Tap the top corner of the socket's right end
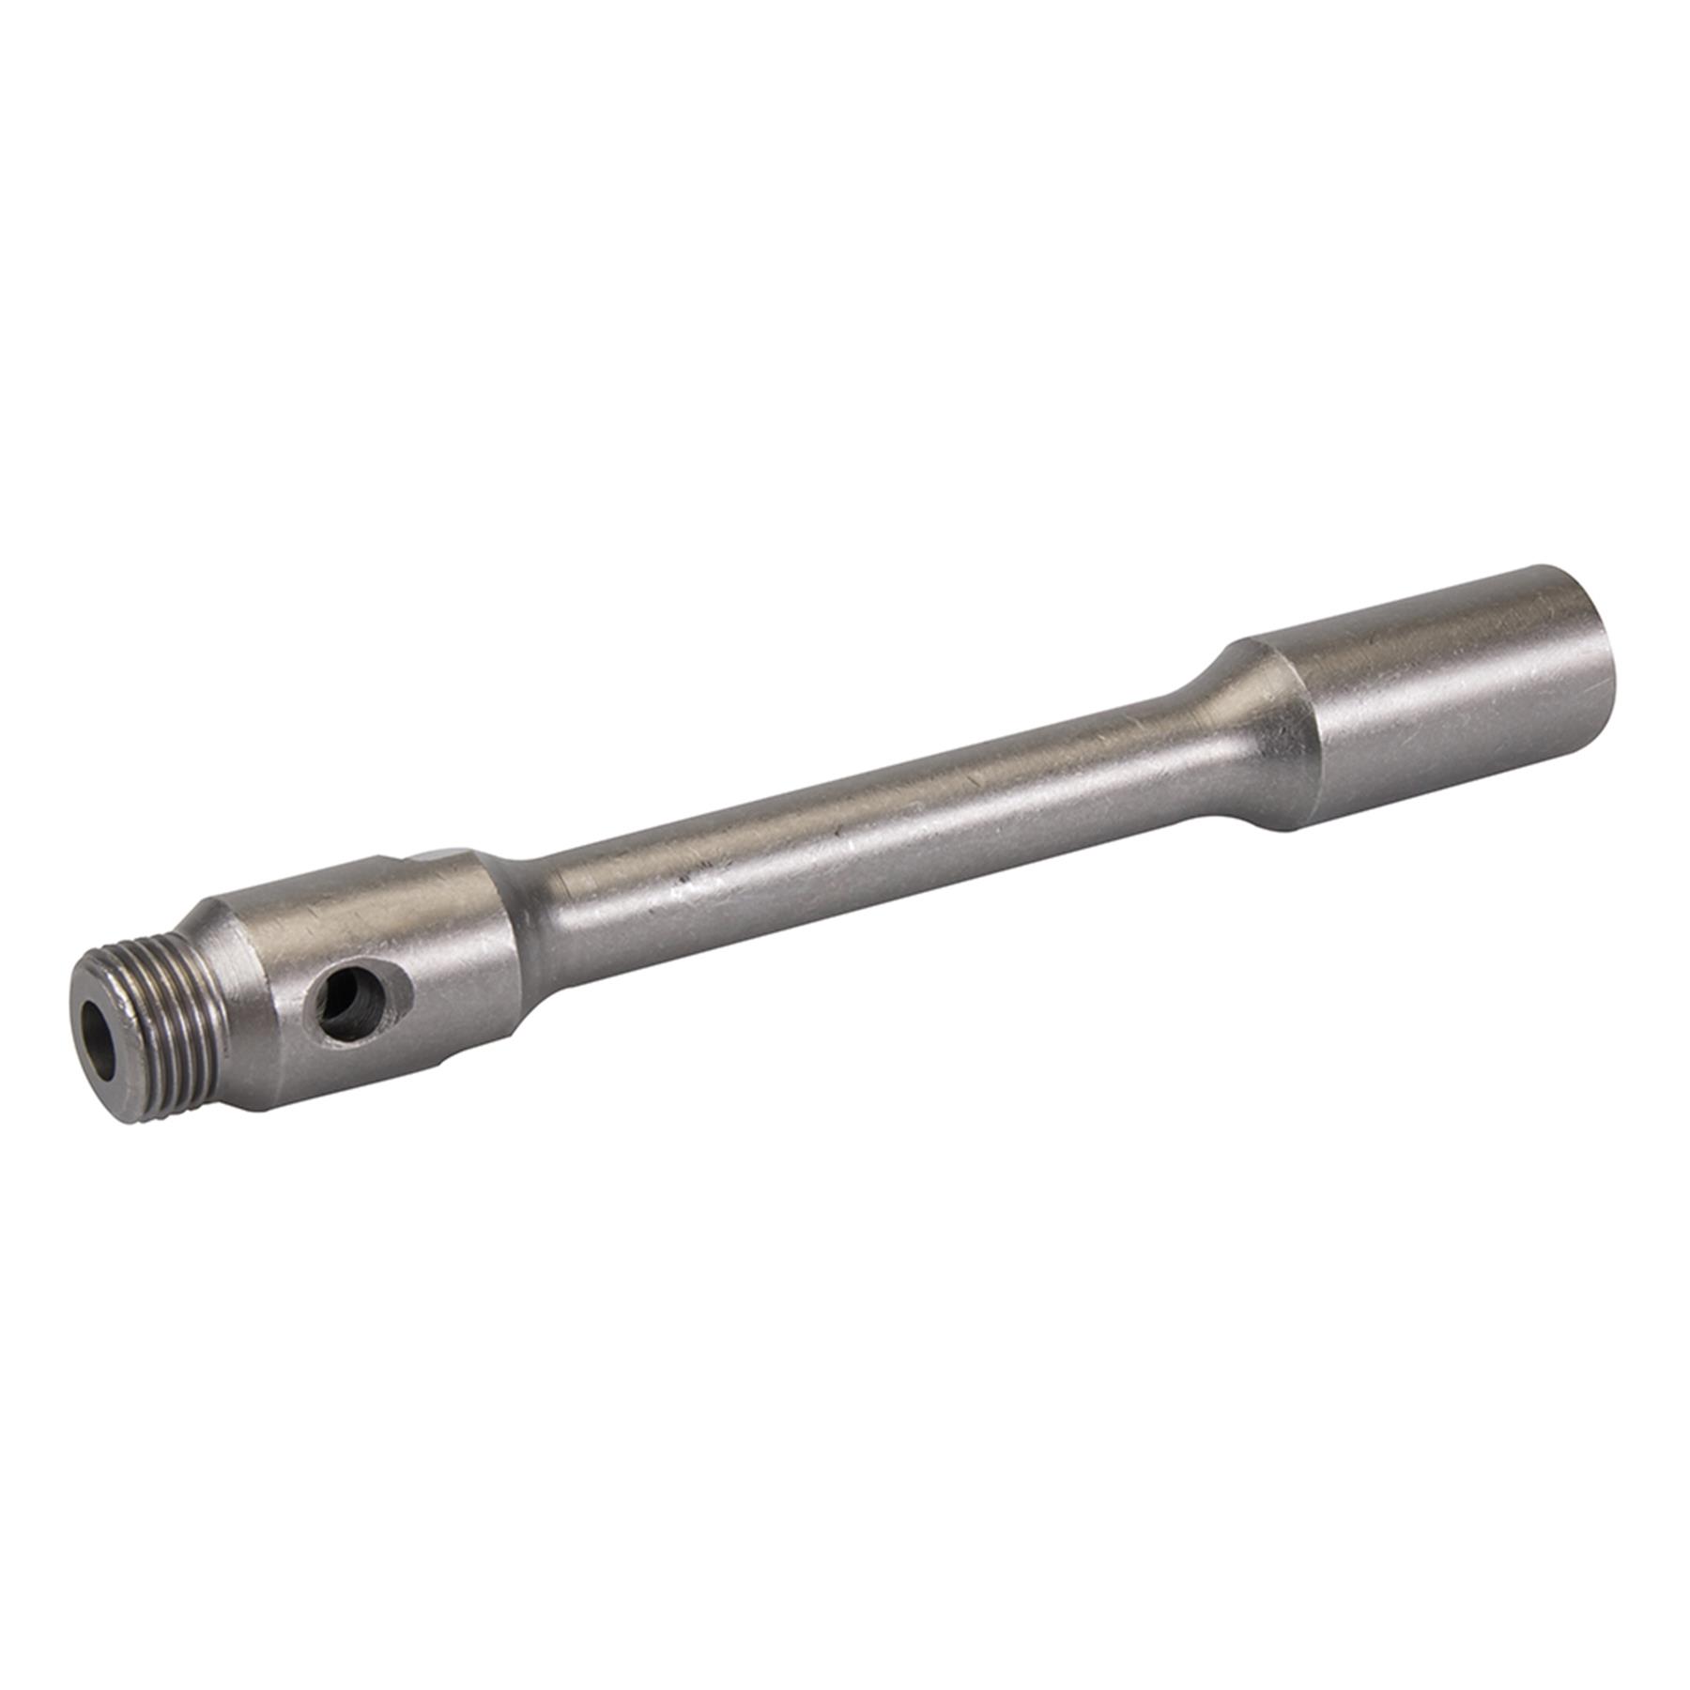(x=1549, y=568)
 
